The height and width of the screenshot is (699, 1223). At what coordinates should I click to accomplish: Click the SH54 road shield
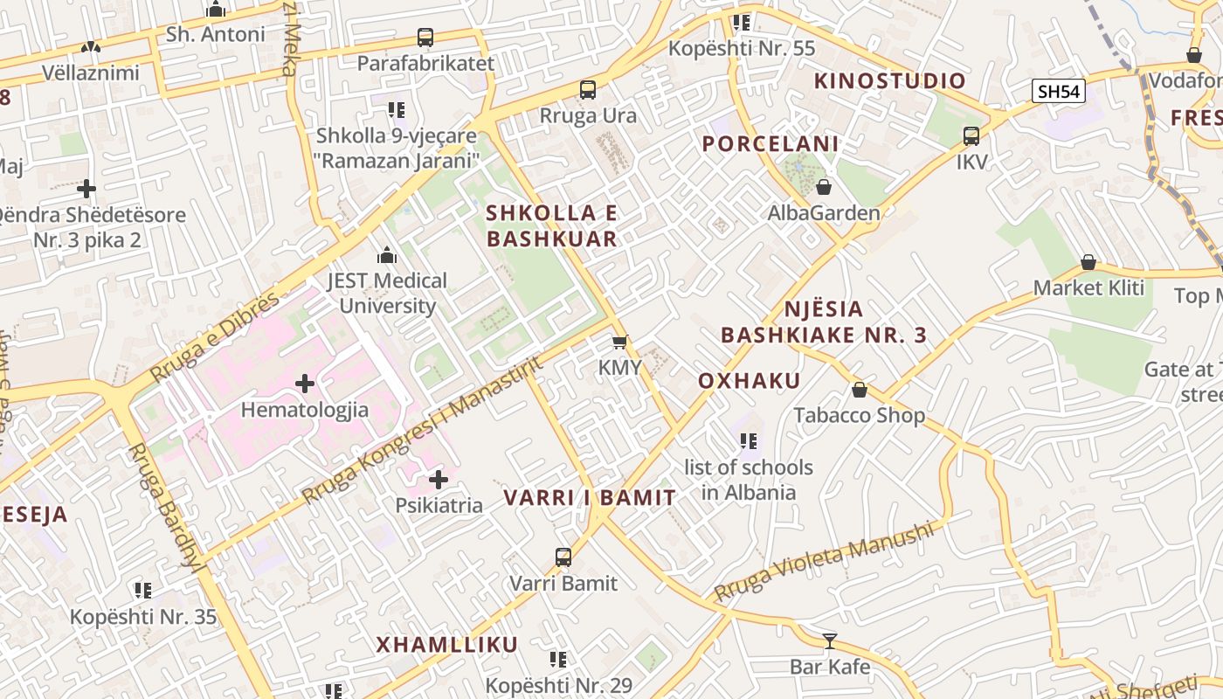click(x=1058, y=91)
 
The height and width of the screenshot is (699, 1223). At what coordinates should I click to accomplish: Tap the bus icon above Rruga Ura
click(x=588, y=89)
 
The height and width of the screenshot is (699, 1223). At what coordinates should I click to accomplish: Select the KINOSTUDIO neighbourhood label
click(x=890, y=81)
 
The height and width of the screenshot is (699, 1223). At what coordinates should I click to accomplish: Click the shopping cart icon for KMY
click(x=619, y=342)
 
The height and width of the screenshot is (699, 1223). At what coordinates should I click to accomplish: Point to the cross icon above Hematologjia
click(x=305, y=383)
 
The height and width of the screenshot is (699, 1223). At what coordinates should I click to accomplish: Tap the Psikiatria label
click(x=439, y=505)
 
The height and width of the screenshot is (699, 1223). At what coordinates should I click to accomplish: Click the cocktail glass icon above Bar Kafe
click(x=830, y=641)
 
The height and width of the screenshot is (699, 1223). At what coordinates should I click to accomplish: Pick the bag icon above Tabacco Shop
click(x=860, y=390)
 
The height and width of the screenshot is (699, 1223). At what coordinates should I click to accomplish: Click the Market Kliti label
click(x=1088, y=287)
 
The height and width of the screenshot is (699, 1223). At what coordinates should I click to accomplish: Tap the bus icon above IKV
click(x=971, y=135)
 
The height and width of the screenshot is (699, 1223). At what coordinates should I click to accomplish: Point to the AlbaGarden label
click(x=824, y=212)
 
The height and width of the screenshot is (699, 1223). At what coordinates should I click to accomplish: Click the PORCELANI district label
click(x=770, y=143)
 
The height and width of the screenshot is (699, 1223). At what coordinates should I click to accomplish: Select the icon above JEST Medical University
click(x=386, y=255)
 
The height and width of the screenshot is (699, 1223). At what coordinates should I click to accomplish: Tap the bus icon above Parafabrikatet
click(x=425, y=38)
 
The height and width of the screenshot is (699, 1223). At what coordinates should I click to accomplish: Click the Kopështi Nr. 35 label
click(x=143, y=617)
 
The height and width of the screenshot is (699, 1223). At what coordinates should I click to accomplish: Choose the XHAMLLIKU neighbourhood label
click(x=446, y=645)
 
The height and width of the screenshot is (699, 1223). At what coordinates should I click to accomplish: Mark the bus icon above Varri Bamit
click(x=563, y=557)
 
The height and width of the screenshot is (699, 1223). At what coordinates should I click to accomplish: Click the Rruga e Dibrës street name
click(x=215, y=337)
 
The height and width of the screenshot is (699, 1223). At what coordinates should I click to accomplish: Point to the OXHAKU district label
click(x=750, y=381)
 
